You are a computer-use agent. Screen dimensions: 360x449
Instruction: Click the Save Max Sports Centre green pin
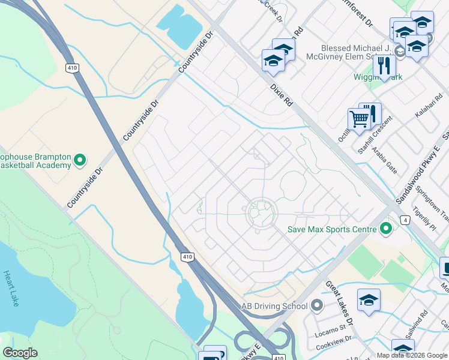(386, 229)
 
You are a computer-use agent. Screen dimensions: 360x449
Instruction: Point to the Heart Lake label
(11, 289)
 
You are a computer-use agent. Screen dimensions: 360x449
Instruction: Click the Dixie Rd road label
(281, 95)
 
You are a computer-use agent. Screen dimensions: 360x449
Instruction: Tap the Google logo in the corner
(20, 353)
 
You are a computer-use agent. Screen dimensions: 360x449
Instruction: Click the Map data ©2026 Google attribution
(412, 355)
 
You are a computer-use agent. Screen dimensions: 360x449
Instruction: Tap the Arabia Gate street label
(384, 159)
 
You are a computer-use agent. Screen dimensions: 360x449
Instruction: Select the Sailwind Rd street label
(423, 322)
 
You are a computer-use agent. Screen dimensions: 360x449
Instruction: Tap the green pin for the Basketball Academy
(79, 160)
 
